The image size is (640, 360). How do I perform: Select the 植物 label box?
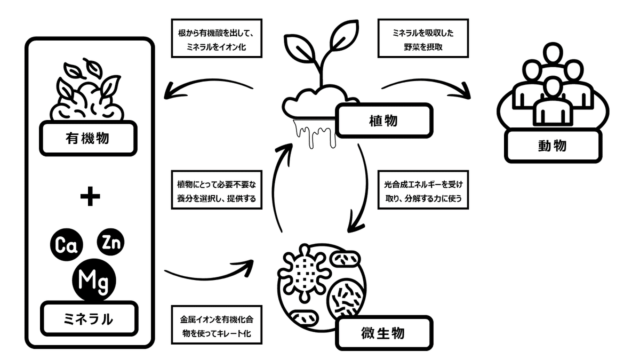382,121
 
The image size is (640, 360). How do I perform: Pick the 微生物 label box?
382,333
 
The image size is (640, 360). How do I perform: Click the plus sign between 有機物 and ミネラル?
90,198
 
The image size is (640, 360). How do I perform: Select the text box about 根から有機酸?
217,39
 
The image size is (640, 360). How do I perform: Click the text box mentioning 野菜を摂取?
422,39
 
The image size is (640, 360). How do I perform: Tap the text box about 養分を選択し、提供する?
217,190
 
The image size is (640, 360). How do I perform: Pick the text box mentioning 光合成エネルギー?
422,190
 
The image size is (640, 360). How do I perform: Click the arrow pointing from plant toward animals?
427,86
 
